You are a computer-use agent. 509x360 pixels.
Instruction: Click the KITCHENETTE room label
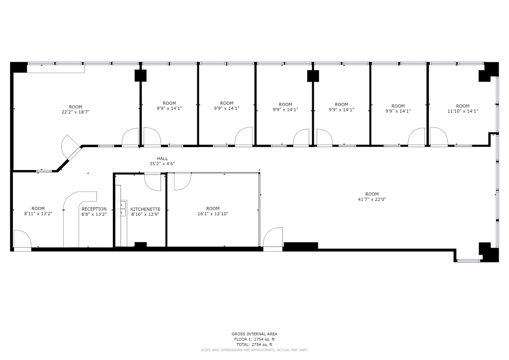pyautogui.click(x=145, y=209)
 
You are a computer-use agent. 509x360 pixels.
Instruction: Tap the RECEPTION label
pyautogui.click(x=94, y=209)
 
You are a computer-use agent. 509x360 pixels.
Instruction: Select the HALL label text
pyautogui.click(x=163, y=159)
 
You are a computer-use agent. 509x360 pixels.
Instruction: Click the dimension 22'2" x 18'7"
pyautogui.click(x=76, y=112)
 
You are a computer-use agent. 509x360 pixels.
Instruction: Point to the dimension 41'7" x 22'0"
pyautogui.click(x=372, y=199)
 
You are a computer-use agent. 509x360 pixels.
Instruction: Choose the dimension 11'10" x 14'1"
pyautogui.click(x=463, y=111)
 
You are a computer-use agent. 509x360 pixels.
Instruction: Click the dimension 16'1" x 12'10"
pyautogui.click(x=213, y=214)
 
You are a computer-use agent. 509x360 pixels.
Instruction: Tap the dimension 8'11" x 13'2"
pyautogui.click(x=38, y=214)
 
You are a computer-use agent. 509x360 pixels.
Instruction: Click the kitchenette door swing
pyautogui.click(x=153, y=182)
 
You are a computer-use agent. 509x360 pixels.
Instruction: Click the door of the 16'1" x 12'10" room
pyautogui.click(x=182, y=181)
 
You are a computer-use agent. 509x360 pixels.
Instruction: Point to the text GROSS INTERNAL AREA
pyautogui.click(x=254, y=334)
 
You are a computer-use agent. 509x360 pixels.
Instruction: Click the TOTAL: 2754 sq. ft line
pyautogui.click(x=254, y=345)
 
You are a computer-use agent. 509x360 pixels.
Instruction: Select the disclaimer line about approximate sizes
pyautogui.click(x=254, y=350)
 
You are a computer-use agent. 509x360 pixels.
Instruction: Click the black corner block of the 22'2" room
pyautogui.click(x=18, y=67)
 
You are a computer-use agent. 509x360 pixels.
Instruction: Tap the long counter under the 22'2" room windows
pyautogui.click(x=56, y=69)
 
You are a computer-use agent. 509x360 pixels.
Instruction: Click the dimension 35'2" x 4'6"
pyautogui.click(x=163, y=164)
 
